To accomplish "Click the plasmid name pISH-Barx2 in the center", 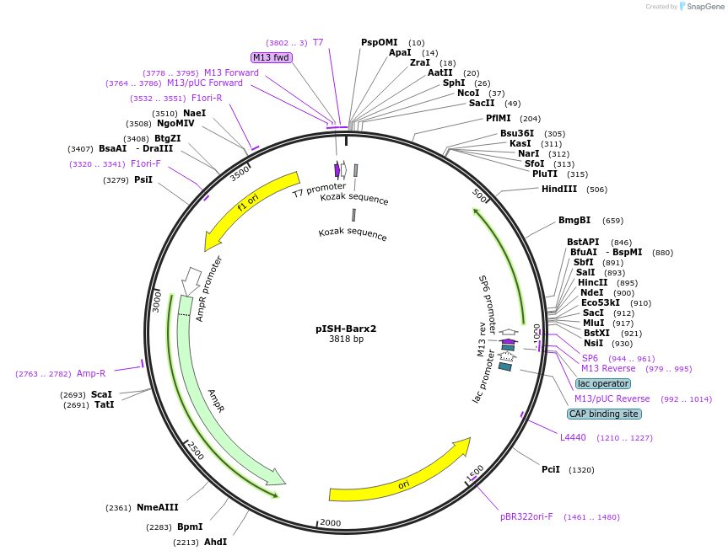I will [346, 329].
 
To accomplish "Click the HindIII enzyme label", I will [559, 190].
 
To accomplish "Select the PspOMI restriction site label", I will [379, 42].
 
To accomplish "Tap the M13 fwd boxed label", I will [271, 57].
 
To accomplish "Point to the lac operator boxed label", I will [603, 383].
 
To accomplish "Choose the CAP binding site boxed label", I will [604, 414].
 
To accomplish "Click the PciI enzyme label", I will [550, 470].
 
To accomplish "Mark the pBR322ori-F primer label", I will [526, 517].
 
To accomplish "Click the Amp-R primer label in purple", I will [91, 373].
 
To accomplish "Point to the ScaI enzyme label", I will [101, 394].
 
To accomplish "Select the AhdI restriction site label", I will [215, 542].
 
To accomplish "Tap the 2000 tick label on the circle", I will [331, 523].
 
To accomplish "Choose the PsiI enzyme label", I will [143, 179].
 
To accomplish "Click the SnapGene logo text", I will [704, 7].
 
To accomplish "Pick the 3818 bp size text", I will [346, 339].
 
